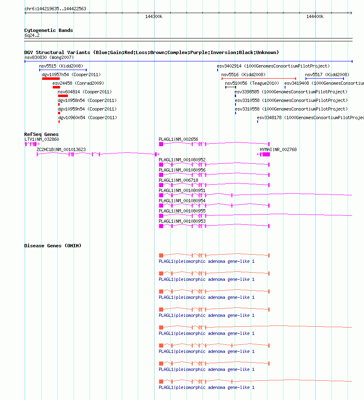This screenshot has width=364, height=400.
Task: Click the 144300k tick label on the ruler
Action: pyautogui.click(x=154, y=17)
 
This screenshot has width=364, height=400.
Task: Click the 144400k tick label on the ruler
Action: pyautogui.click(x=315, y=17)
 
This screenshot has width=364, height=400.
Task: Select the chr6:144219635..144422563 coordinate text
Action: pyautogui.click(x=55, y=9)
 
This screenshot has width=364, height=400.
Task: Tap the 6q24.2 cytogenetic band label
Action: pyautogui.click(x=32, y=35)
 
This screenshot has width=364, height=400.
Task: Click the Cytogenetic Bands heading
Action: pyautogui.click(x=48, y=30)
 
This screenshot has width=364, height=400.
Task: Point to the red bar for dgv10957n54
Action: pyautogui.click(x=51, y=79)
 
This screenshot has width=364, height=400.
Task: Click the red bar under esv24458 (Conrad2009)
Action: pyautogui.click(x=56, y=87)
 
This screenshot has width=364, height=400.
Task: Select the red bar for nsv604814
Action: pyautogui.click(x=63, y=96)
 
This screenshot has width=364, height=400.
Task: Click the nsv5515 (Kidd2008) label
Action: pyautogui.click(x=61, y=66)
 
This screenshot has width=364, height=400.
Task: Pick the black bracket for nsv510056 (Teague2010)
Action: pyautogui.click(x=231, y=87)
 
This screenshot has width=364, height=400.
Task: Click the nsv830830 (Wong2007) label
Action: pyautogui.click(x=49, y=57)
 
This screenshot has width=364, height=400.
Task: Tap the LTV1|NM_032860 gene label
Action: pyautogui.click(x=42, y=139)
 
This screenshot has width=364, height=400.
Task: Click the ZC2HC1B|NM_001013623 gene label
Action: pyautogui.click(x=61, y=149)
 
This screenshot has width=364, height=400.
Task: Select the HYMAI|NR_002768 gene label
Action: pyautogui.click(x=278, y=149)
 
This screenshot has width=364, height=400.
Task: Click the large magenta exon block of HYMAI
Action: pyautogui.click(x=266, y=154)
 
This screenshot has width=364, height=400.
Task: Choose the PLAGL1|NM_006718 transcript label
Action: pyautogui.click(x=178, y=180)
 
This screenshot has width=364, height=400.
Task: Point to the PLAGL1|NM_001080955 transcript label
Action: pyautogui.click(x=182, y=211)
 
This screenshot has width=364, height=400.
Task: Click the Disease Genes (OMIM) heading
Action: pyautogui.click(x=53, y=246)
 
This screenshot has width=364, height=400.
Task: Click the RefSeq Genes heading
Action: pyautogui.click(x=41, y=134)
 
